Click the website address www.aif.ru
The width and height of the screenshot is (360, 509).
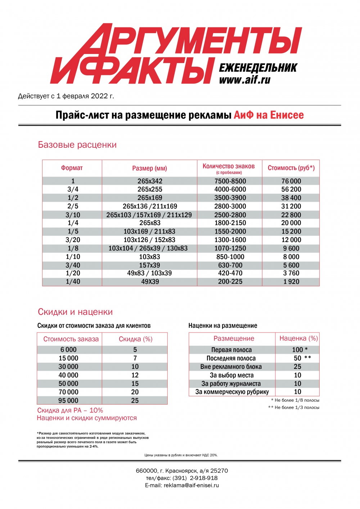point(244,80)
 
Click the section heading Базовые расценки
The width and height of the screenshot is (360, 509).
point(77,145)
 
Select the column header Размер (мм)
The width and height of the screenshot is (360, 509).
point(149,168)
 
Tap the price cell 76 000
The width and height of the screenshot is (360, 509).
point(291,181)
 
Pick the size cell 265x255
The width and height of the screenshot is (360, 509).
point(150,189)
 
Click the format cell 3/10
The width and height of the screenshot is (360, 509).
point(73,215)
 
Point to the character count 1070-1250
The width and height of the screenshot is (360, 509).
point(230,248)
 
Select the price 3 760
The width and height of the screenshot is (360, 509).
point(291,273)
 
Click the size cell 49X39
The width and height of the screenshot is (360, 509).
point(150,282)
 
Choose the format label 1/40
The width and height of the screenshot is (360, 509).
point(73,282)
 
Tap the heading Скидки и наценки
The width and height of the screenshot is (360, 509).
point(75,312)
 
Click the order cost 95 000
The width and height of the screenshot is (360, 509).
point(68,401)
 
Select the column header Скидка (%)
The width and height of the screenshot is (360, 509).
point(135,339)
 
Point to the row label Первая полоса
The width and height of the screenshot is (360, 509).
point(231,350)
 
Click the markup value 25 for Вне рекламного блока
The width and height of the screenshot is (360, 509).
point(297,366)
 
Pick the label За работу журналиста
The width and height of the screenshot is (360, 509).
point(231,384)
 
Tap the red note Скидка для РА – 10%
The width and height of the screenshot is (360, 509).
point(70,410)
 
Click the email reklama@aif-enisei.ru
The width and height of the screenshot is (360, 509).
point(191,485)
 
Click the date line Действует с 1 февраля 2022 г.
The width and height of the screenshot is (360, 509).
point(66,96)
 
